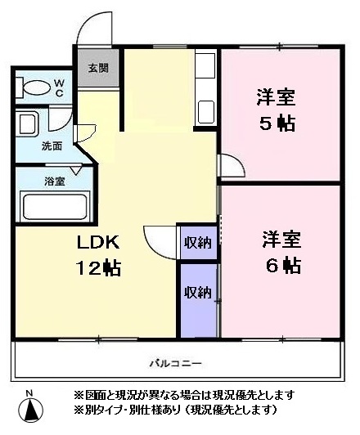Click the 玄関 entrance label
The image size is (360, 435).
pos(97,68)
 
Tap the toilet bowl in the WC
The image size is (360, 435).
pos(34,86)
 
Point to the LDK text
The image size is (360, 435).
pos(98,242)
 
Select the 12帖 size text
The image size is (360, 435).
pos(98,267)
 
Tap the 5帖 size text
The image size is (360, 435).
pos(276,124)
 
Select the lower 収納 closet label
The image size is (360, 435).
pos(198,291)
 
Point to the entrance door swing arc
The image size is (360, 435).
pos(99,23)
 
